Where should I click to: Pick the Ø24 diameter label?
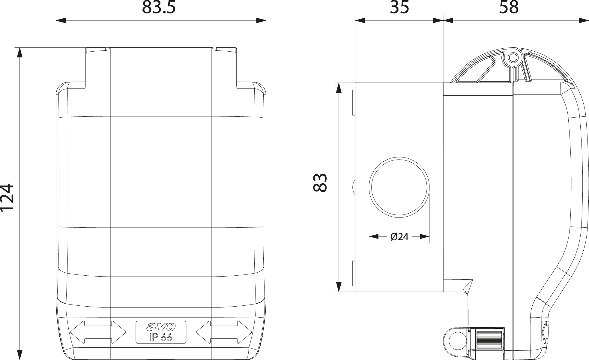(x=399, y=237)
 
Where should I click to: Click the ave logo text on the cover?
(x=161, y=326)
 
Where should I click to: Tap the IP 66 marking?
(x=161, y=337)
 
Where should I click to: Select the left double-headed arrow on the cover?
(x=98, y=332)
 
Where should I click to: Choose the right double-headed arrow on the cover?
(x=224, y=332)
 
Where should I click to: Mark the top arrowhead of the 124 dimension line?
(x=20, y=53)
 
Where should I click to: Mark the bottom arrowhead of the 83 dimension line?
(x=339, y=286)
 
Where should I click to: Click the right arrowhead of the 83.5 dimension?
(x=261, y=20)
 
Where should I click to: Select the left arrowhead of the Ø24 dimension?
(x=374, y=237)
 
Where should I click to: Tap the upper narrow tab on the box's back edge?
(x=354, y=103)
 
